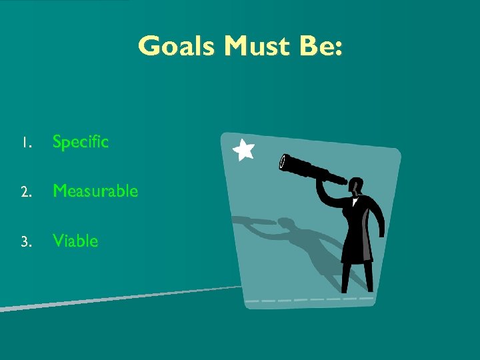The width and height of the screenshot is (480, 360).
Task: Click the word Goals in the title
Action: [177, 47]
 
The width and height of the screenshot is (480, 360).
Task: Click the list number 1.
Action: [24, 143]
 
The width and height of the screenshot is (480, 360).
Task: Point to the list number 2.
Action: [25, 192]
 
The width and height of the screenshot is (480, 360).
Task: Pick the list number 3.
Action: [25, 242]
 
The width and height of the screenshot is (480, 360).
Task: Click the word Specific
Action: [80, 142]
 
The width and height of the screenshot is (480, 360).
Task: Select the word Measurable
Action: [95, 191]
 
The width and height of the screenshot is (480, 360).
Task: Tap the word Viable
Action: [75, 241]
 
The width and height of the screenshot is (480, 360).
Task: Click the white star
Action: [244, 150]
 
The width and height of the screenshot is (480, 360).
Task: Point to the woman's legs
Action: [353, 277]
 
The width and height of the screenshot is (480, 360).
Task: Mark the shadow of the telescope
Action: [253, 221]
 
